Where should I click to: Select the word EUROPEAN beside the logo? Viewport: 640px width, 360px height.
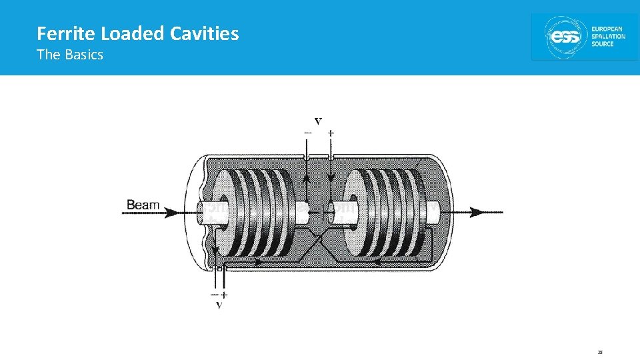coord(607,29)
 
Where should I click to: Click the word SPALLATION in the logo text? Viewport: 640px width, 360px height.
coord(609,37)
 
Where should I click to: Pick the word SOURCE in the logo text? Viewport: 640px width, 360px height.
coord(603,45)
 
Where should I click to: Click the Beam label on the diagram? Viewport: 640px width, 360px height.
coord(143,205)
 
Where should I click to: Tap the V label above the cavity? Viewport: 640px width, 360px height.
coord(318,121)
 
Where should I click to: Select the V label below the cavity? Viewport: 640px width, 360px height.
coord(219,305)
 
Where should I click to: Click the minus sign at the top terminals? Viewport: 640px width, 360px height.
coord(307,133)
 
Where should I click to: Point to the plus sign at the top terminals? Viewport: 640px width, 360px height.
coord(331,133)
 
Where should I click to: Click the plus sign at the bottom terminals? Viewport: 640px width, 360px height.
coord(225,294)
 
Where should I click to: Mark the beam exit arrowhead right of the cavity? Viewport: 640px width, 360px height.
coord(475,212)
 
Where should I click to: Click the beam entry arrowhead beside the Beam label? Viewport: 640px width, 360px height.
coord(171,212)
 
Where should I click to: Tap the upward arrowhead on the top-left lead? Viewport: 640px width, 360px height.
coord(306,178)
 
